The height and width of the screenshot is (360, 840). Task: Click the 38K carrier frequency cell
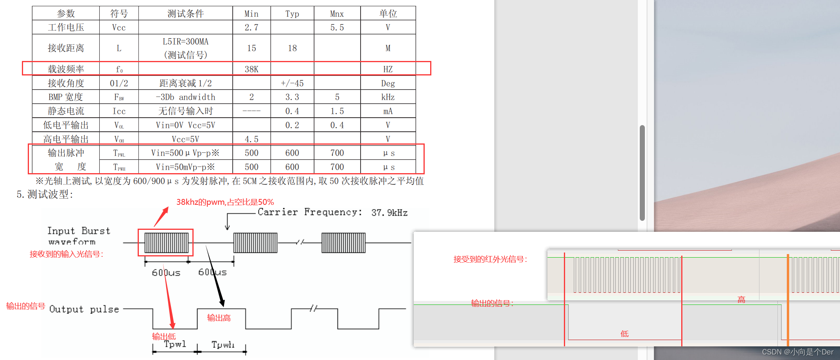click(x=251, y=69)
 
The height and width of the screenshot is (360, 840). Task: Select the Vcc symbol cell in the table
click(x=119, y=27)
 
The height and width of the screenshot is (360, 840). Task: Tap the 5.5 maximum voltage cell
click(x=337, y=27)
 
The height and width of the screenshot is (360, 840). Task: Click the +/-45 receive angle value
click(x=292, y=83)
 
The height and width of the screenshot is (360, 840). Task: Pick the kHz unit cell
click(x=388, y=97)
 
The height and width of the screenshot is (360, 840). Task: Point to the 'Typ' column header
click(x=292, y=14)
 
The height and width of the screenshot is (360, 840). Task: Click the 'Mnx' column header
click(x=337, y=14)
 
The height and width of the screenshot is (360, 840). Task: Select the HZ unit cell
click(x=388, y=69)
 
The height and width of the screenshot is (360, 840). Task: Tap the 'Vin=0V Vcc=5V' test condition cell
click(x=185, y=125)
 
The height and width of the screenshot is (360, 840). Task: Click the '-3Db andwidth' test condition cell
click(x=185, y=97)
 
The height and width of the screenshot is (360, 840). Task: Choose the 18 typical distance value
click(x=292, y=48)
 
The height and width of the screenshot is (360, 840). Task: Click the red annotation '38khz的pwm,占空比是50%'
click(x=225, y=202)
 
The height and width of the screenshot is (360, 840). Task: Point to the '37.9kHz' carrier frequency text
click(x=389, y=213)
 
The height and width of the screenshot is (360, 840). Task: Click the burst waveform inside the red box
click(x=166, y=243)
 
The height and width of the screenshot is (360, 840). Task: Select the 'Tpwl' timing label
click(x=175, y=344)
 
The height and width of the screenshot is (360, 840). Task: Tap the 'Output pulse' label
click(x=84, y=309)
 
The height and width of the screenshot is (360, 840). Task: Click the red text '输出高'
click(x=219, y=318)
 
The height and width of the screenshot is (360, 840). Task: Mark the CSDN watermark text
click(x=797, y=352)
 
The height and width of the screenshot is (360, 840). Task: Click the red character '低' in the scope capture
click(x=625, y=334)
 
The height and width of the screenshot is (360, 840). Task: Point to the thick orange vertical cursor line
click(x=788, y=301)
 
